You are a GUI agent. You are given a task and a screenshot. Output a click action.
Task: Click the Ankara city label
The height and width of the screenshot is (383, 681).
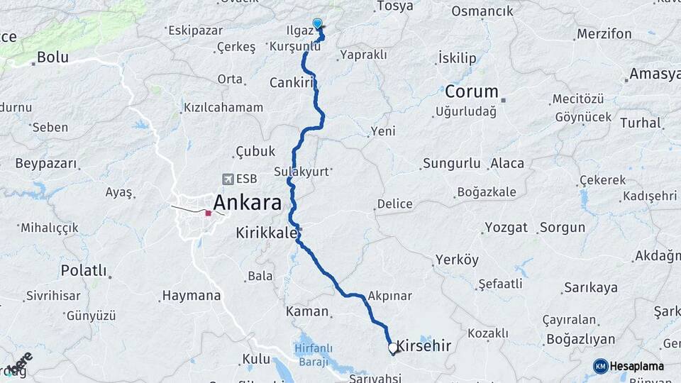[x=247, y=203]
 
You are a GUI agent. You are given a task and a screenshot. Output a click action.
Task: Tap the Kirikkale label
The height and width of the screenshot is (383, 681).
[x=266, y=232]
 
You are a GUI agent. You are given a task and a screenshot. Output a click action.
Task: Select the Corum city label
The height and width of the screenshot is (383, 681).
[x=471, y=92]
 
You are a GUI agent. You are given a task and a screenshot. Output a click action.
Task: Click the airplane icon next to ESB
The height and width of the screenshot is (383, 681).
[x=228, y=179]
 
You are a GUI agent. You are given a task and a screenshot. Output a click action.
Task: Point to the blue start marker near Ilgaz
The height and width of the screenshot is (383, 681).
[x=316, y=23]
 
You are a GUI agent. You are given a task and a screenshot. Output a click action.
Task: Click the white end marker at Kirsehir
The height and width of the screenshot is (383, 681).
[x=392, y=348]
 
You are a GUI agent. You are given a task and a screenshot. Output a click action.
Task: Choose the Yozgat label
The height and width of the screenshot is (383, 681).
[x=506, y=228]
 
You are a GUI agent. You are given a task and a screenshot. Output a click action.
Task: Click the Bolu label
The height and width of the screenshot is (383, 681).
[x=52, y=57]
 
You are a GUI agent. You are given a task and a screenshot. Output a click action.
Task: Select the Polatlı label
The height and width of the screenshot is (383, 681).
[x=83, y=270]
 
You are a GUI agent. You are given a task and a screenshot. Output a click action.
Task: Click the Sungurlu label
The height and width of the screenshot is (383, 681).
[x=452, y=164]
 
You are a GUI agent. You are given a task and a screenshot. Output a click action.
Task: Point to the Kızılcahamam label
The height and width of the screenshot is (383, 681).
[x=223, y=108]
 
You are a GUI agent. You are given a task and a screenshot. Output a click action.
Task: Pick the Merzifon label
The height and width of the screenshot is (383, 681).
[x=604, y=33]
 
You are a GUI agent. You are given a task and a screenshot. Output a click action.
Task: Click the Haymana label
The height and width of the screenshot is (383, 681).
[x=191, y=295]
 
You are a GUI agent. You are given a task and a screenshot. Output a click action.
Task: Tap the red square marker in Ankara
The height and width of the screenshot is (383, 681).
[x=209, y=213]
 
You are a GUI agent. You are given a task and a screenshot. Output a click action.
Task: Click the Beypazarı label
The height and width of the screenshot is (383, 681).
[x=45, y=164]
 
